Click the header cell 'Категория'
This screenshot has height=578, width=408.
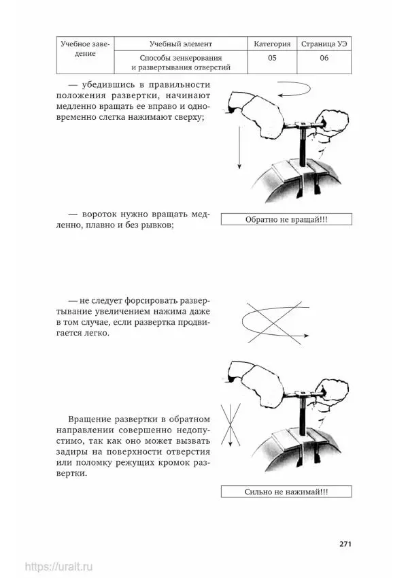coord(272,44)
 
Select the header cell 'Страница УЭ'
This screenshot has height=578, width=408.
coord(323,44)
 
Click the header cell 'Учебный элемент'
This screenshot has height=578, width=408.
coord(180,44)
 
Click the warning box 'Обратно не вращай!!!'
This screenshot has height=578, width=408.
coord(286,219)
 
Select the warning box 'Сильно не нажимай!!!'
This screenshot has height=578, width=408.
coord(286,492)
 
